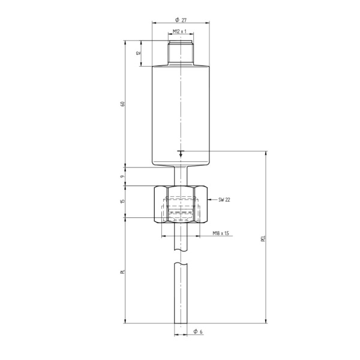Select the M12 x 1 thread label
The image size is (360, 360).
(181, 31)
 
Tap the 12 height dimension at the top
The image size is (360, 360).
(137, 53)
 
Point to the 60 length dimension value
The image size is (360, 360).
(122, 104)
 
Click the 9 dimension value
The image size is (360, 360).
(122, 176)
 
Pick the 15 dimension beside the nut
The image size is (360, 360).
(122, 202)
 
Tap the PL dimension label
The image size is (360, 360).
(122, 273)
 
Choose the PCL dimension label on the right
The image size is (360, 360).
(263, 240)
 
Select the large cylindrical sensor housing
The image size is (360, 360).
(181, 114)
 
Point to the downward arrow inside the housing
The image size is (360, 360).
(181, 154)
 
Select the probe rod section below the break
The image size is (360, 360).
(181, 294)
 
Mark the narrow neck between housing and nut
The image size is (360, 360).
(181, 175)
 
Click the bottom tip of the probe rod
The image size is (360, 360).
(181, 322)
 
